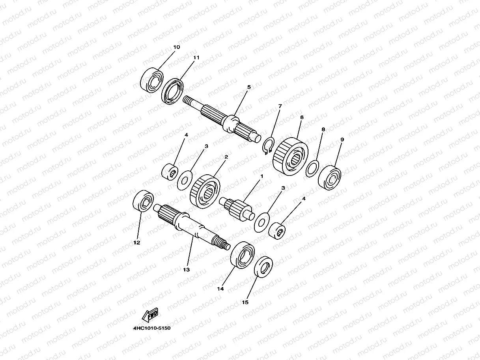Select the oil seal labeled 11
coord(174,91)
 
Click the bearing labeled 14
coord(243,255)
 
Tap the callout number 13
coord(186,270)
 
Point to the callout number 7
coord(280,106)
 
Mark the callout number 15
coord(245,303)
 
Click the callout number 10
coord(176,47)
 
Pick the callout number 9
coord(342,140)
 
